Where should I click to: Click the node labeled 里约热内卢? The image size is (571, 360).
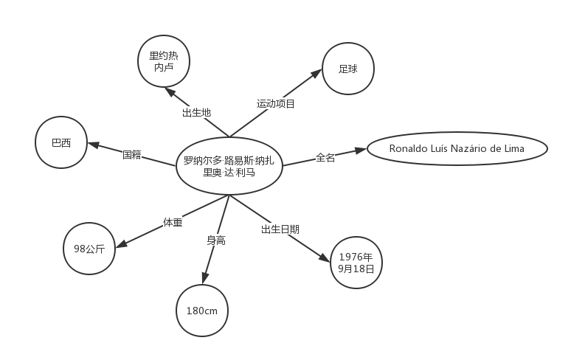point(164,61)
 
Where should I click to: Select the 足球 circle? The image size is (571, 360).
point(348,69)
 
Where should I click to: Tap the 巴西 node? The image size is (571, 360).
point(61,142)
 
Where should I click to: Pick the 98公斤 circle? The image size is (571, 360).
point(89,249)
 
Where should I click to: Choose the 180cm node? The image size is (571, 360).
point(202,311)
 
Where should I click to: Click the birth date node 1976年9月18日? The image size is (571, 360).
point(356,263)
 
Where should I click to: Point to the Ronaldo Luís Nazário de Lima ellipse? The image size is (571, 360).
point(457,148)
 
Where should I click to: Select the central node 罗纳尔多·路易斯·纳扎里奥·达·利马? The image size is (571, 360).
point(229,166)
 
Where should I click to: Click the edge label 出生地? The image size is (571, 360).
point(197,112)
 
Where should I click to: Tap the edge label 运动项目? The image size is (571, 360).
point(276,104)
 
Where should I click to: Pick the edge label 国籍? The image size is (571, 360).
point(132,155)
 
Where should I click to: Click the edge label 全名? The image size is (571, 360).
point(325,158)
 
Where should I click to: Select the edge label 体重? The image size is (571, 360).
point(173,222)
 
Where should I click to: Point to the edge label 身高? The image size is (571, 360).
point(216,240)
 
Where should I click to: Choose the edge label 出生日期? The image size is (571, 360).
point(280,229)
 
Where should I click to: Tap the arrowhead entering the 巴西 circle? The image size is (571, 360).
point(94,145)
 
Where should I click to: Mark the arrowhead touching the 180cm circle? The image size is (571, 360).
point(204,278)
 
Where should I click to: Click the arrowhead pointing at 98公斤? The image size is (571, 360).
point(121,244)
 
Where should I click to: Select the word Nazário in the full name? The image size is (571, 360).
point(469,148)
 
